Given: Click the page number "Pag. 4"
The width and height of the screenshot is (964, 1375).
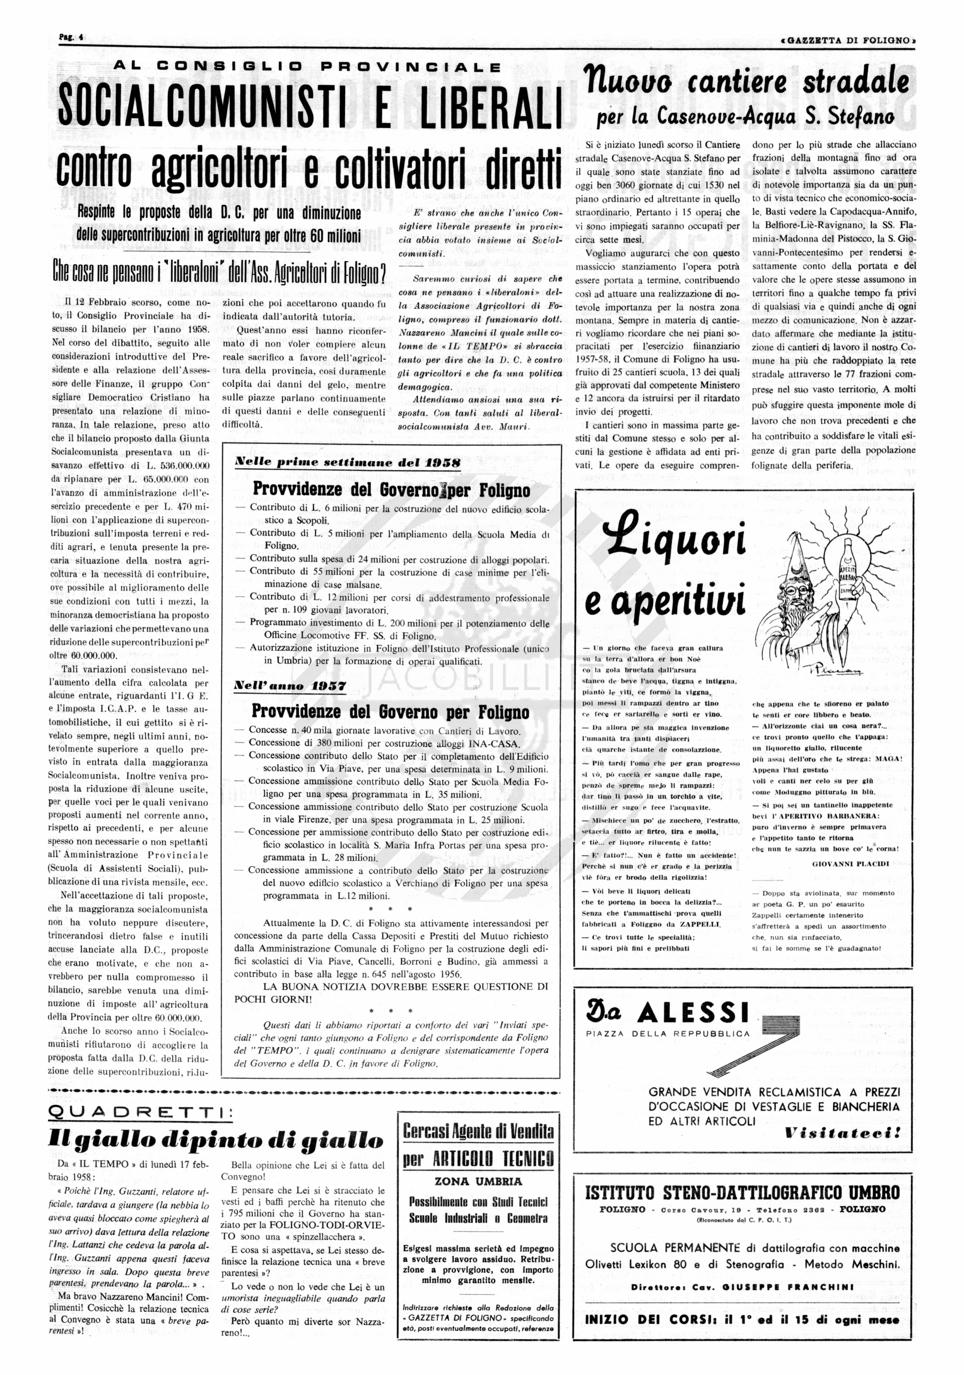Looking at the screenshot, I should (71, 37).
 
